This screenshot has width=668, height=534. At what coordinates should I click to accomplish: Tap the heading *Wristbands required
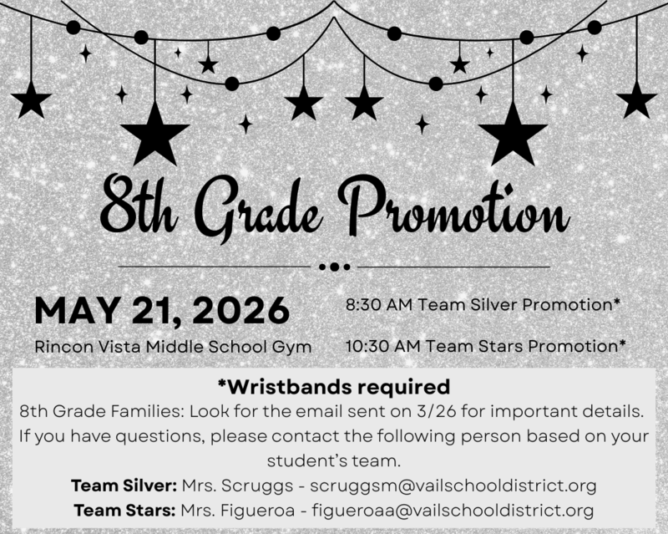(x=333, y=388)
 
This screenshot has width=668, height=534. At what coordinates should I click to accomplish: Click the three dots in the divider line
(x=334, y=267)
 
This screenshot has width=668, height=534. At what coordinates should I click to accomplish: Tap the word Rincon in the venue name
(x=59, y=345)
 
